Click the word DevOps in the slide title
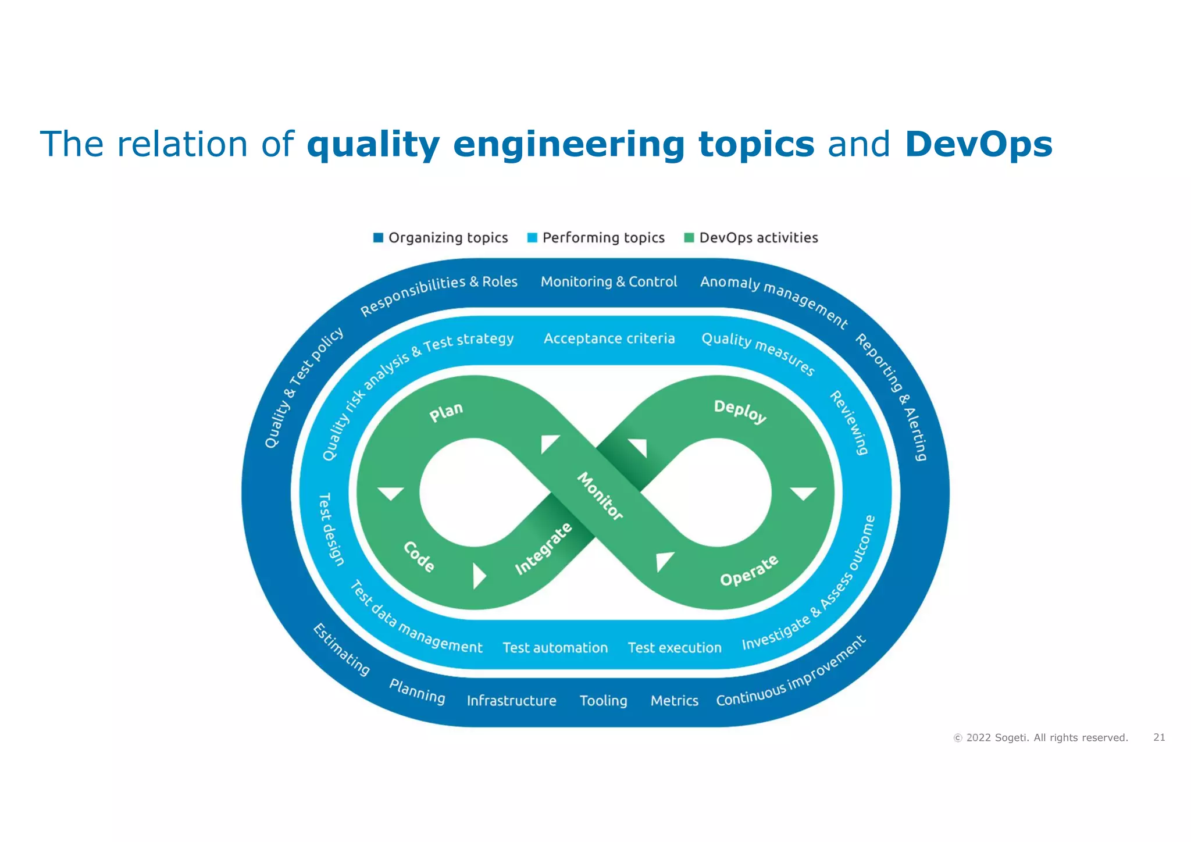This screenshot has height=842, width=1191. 978,144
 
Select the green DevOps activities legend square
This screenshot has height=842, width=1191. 689,238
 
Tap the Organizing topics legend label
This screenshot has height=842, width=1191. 448,238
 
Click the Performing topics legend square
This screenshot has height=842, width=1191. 532,238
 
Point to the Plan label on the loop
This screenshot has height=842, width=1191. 446,412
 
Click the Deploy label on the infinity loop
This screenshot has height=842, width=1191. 740,411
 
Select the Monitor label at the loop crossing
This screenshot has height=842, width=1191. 600,496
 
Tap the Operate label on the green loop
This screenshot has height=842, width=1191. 749,570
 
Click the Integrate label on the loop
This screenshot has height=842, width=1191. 544,548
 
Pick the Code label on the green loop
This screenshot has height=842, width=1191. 419,556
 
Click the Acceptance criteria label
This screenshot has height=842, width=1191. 609,338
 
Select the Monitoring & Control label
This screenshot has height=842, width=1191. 609,282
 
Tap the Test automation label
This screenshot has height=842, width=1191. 555,648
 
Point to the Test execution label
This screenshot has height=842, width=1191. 675,648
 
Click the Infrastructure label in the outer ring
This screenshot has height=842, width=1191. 511,701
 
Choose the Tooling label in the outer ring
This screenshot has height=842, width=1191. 603,701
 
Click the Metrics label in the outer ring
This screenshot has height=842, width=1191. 674,701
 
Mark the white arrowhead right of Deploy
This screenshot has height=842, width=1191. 803,493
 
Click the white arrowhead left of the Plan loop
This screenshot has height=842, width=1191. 391,493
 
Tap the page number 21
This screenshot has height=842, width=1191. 1159,737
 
